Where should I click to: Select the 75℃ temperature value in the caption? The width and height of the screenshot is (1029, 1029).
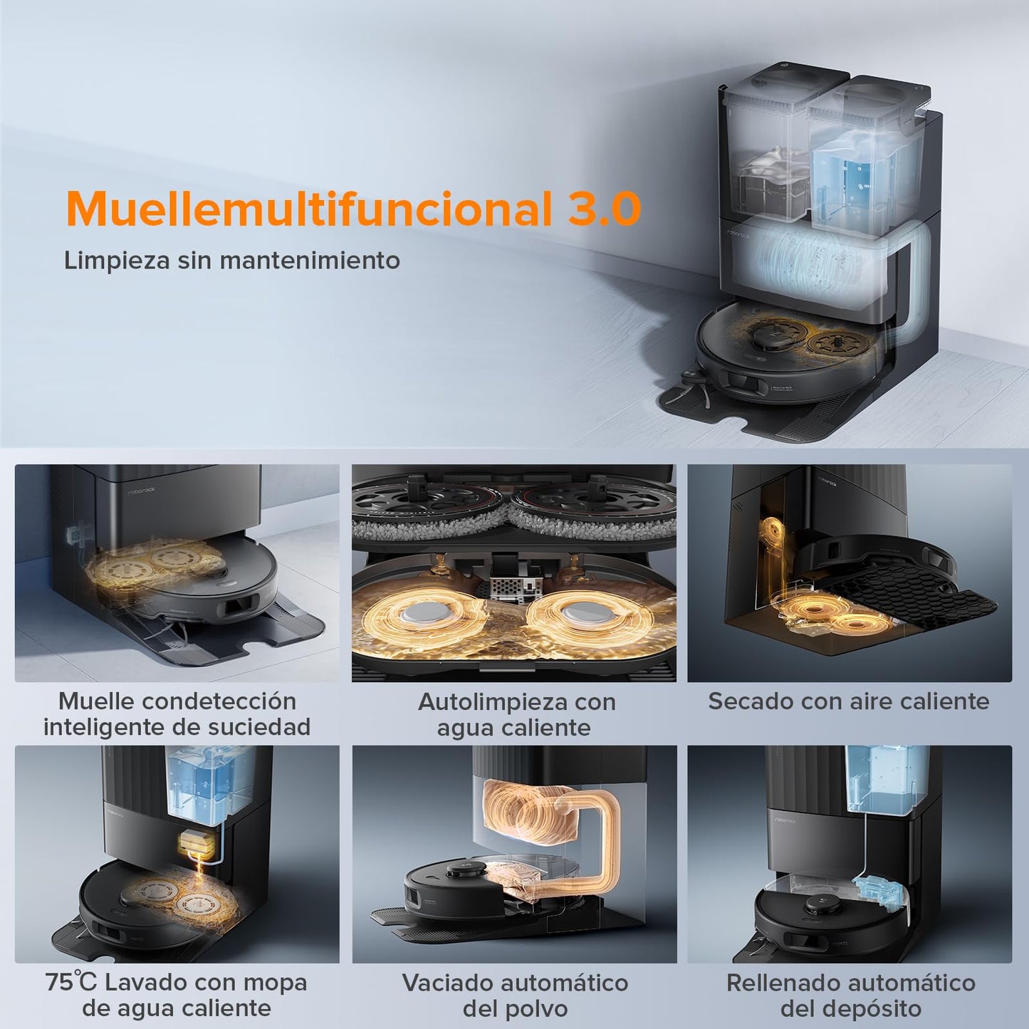71,982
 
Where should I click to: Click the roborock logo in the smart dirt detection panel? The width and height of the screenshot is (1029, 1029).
142,490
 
